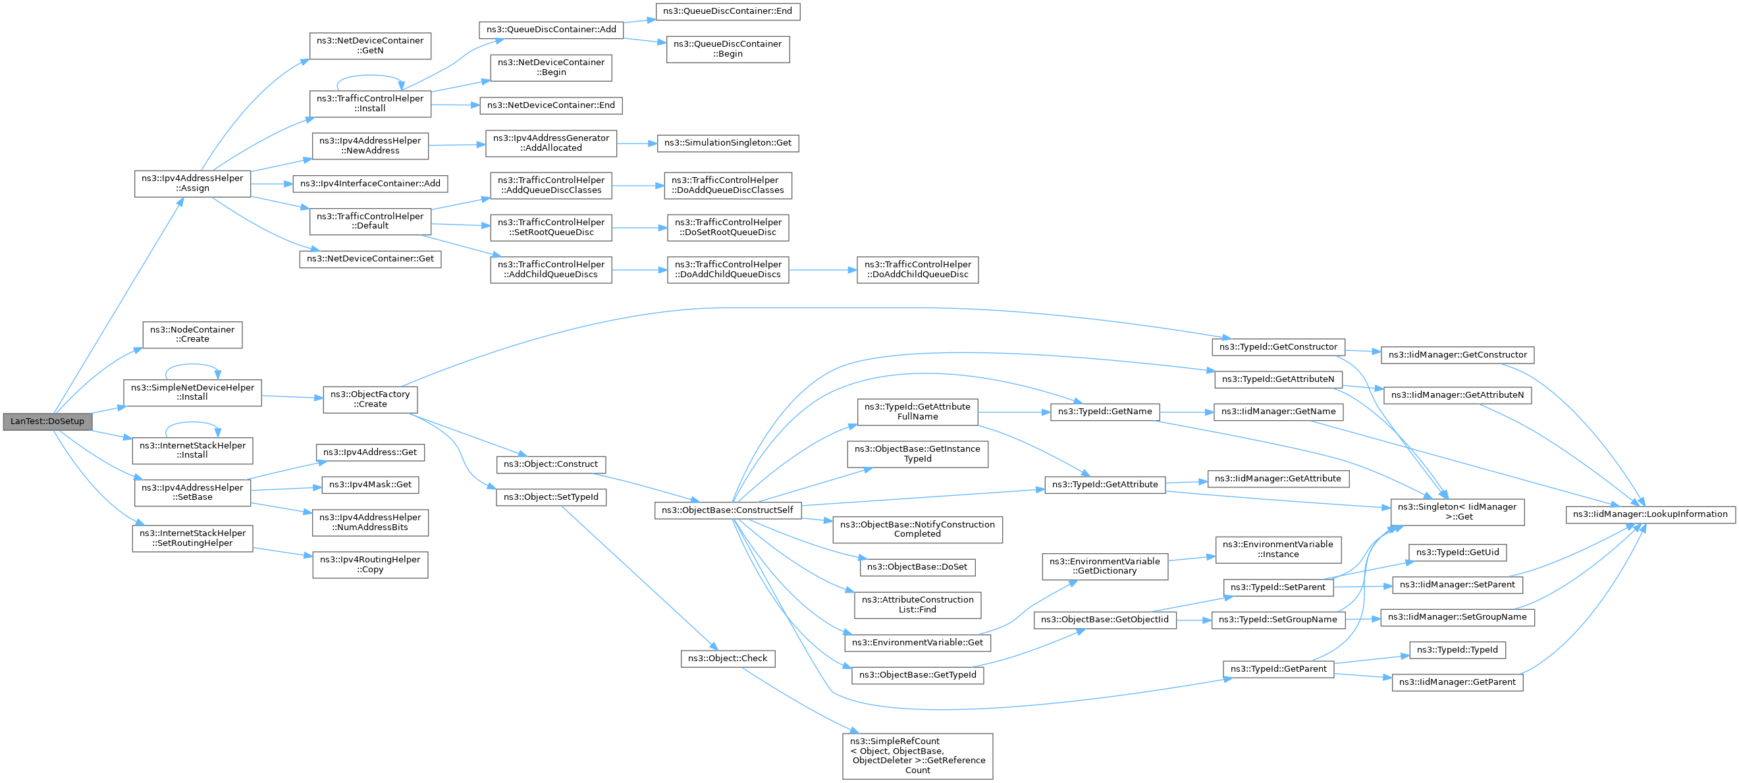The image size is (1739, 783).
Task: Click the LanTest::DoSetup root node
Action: [47, 421]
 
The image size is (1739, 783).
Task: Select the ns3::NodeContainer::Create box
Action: [192, 334]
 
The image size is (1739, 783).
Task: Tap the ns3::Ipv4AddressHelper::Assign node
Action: [192, 183]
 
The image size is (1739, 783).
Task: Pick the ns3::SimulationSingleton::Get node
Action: [728, 143]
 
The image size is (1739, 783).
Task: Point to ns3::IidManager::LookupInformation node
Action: [1650, 514]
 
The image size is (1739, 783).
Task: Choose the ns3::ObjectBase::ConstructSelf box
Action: [727, 510]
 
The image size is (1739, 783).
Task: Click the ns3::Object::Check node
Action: [727, 658]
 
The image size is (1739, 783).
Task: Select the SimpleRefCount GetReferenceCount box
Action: [917, 755]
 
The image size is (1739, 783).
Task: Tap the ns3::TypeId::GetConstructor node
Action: [1278, 347]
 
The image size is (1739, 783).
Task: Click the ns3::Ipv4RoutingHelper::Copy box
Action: [370, 564]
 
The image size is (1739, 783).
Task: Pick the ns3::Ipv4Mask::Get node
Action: [370, 485]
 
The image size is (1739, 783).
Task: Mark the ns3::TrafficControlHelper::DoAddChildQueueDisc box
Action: [917, 269]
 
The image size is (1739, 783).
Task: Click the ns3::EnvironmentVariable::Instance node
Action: [1278, 549]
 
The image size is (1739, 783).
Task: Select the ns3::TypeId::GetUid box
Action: [1457, 552]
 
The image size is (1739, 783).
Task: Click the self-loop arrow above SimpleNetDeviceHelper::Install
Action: [192, 365]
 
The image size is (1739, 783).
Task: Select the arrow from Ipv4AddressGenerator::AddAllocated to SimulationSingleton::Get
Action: [637, 143]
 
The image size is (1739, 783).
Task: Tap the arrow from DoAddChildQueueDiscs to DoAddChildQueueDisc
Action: [822, 270]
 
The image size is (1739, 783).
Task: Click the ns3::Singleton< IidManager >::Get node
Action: [1457, 512]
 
